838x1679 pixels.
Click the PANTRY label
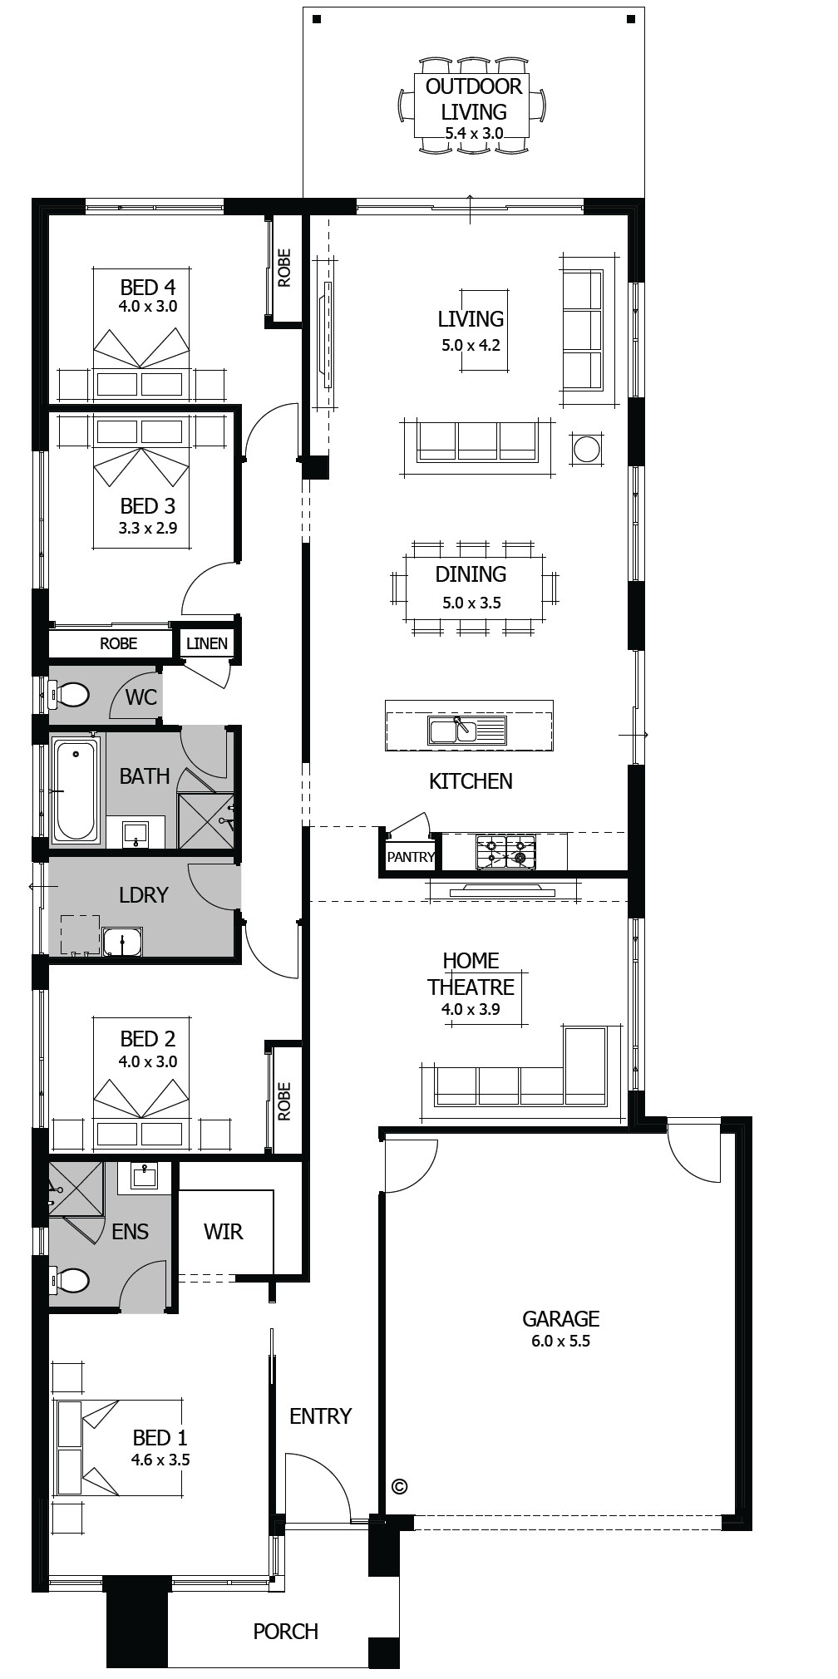pos(411,857)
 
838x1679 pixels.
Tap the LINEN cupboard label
pos(207,643)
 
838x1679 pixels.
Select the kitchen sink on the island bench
pos(466,730)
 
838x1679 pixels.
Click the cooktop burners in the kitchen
pos(505,852)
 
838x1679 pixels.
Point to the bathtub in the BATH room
pos(76,789)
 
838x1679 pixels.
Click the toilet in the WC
pos(68,694)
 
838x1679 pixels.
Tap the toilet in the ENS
pos(68,1280)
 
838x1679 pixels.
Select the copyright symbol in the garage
pos(399,1487)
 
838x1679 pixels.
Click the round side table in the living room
pos(587,450)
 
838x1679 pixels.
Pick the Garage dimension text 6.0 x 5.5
pos(561,1341)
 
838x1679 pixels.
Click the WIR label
pos(224,1232)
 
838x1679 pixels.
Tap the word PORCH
pos(286,1632)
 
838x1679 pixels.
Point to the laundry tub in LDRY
pos(123,942)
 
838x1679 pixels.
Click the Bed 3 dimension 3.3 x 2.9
pos(148,528)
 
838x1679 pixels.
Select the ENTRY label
pos(321,1416)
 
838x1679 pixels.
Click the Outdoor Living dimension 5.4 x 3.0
pos(474,133)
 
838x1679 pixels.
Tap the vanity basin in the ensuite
pos(145,1174)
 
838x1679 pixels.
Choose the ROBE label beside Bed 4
pos(284,268)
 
